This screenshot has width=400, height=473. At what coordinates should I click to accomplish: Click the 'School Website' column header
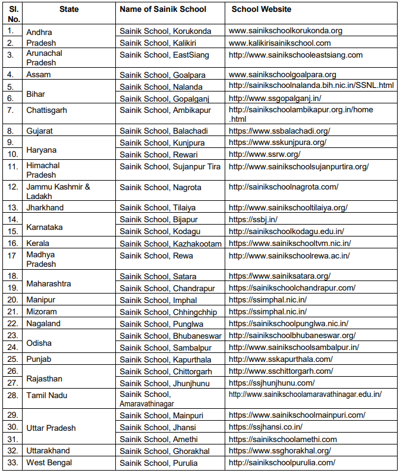click(x=261, y=10)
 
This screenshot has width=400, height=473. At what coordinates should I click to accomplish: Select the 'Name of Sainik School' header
click(x=163, y=10)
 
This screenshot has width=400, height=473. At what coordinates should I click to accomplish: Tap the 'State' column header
click(x=69, y=10)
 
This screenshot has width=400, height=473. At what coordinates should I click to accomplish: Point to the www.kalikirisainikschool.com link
click(x=279, y=43)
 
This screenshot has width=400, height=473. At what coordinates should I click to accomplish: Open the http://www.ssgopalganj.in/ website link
click(x=275, y=98)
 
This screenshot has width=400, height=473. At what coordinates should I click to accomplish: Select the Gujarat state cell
click(x=39, y=131)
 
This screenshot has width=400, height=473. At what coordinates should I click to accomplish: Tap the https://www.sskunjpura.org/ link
click(x=277, y=143)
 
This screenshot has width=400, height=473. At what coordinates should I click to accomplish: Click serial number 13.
click(x=12, y=207)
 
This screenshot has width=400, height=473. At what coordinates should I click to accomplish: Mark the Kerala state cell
click(x=37, y=243)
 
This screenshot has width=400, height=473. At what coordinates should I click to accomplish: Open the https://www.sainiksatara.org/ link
click(x=279, y=276)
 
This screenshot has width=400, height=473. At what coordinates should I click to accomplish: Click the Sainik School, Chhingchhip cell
click(x=168, y=311)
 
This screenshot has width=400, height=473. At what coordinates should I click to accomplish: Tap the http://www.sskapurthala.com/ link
click(x=281, y=359)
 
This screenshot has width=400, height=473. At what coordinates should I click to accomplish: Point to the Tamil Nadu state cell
click(x=46, y=395)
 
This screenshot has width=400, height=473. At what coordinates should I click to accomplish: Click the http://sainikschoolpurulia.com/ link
click(x=282, y=463)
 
